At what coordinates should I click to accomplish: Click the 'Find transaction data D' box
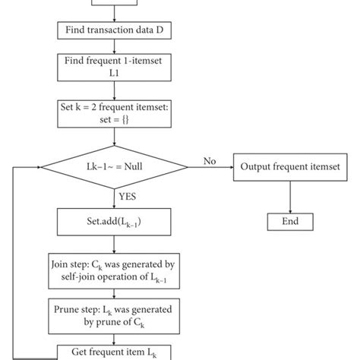114,30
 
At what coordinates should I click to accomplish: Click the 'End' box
289,221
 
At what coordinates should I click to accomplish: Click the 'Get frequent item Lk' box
114,352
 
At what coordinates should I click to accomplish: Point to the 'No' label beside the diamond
210,160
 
